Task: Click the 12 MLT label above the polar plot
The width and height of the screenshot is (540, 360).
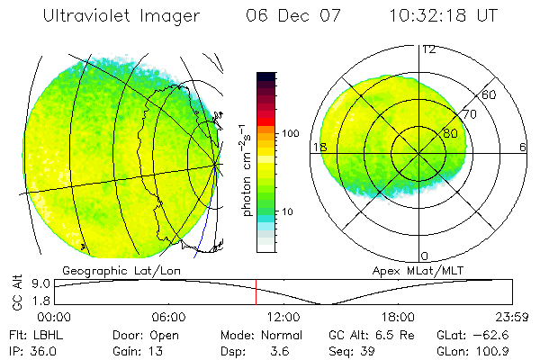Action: [x=428, y=49]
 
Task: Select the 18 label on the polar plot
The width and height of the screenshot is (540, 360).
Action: [x=317, y=147]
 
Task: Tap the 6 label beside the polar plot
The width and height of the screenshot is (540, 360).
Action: [x=523, y=147]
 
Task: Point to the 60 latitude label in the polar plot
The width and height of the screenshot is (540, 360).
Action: [x=490, y=94]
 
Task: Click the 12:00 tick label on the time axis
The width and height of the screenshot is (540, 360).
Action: [x=283, y=316]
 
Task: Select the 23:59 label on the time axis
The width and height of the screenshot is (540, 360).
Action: [x=512, y=316]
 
